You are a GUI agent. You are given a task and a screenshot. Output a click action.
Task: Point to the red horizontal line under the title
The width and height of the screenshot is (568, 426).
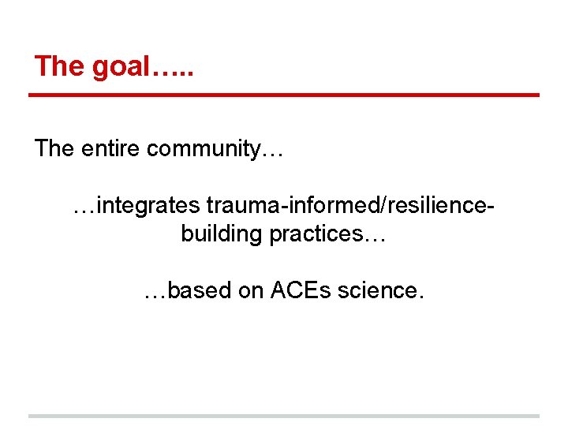point(284,95)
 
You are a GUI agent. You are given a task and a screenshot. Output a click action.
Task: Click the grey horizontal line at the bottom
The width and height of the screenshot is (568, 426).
point(284,416)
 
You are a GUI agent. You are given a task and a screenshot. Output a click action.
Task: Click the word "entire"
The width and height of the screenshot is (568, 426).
point(110,148)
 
